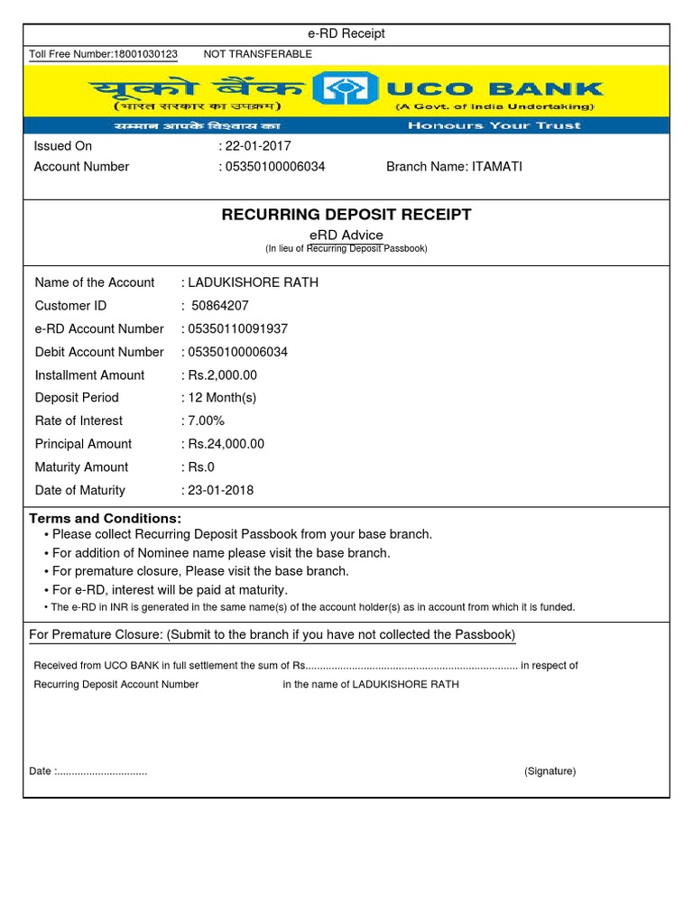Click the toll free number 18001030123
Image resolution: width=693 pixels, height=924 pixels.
click(x=144, y=54)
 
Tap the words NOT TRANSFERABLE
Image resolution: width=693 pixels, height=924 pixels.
click(x=257, y=54)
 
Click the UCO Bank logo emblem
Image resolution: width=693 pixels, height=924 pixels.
click(x=346, y=90)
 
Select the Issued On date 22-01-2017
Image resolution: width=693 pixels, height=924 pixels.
click(x=258, y=146)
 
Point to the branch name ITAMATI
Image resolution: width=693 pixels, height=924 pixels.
click(x=496, y=167)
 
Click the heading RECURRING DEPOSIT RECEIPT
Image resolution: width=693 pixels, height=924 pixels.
click(x=346, y=215)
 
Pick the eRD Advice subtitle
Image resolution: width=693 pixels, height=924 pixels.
click(x=346, y=236)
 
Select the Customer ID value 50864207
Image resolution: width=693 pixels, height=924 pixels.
click(x=220, y=306)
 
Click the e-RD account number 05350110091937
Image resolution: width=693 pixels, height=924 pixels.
click(x=237, y=329)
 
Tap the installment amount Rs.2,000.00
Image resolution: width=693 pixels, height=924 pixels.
click(x=222, y=375)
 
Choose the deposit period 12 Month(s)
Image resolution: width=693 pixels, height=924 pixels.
click(x=222, y=398)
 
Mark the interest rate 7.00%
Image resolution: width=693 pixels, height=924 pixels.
click(x=206, y=421)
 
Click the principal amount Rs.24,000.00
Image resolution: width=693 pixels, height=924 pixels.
click(x=226, y=444)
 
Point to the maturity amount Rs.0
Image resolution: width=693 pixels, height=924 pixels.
click(x=200, y=467)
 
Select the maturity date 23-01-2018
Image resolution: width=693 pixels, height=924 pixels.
click(x=220, y=491)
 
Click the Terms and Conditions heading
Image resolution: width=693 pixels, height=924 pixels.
click(x=106, y=519)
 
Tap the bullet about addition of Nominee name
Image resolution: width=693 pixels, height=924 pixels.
click(x=221, y=553)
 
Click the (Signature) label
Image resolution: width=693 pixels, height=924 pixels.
click(x=550, y=772)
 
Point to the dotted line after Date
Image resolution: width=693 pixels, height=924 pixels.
click(x=101, y=772)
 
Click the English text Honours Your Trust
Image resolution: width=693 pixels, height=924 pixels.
click(x=494, y=125)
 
